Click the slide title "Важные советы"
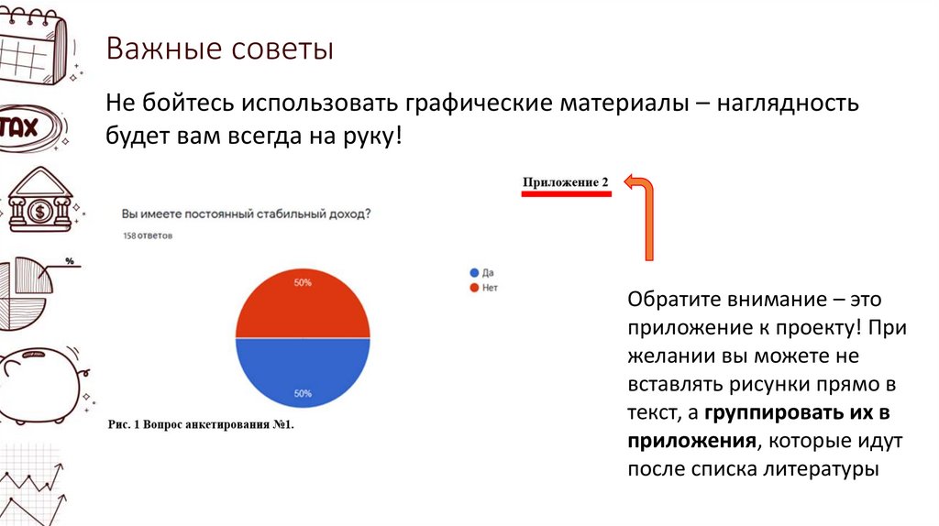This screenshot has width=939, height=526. tap(219, 49)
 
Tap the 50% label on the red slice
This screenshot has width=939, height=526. tap(303, 283)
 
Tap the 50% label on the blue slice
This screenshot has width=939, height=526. tap(303, 394)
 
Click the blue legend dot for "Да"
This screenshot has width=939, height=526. tap(474, 273)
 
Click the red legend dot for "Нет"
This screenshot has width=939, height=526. tap(474, 288)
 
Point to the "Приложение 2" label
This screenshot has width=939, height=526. tap(566, 182)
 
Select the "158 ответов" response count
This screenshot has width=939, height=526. tap(148, 236)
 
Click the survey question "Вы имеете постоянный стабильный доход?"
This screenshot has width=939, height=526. tap(246, 214)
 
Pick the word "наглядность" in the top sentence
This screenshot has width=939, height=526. tap(790, 103)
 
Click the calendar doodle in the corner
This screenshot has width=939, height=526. tap(32, 46)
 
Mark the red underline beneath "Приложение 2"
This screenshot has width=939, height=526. tap(566, 194)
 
